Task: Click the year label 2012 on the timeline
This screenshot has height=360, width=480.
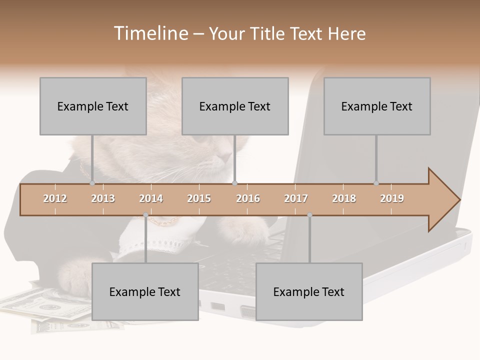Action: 55,198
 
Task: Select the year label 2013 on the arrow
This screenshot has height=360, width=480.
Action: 103,198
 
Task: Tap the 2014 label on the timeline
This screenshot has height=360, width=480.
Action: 151,198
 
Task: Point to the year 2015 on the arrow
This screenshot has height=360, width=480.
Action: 199,198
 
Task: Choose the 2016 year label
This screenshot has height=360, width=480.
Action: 248,198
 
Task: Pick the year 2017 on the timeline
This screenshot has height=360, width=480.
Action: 296,198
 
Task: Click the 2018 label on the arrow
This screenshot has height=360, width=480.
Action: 344,198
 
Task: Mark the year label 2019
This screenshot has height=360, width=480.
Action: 392,198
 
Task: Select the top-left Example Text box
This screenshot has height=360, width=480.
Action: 93,106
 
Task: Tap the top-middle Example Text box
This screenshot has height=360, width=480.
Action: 235,106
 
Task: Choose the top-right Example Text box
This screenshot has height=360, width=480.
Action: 377,106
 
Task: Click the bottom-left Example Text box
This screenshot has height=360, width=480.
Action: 145,291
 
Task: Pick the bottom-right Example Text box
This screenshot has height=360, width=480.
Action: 309,291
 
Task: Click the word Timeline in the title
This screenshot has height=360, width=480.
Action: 150,33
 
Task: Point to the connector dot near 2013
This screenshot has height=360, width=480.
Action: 92,183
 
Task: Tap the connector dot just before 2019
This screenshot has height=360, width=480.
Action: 376,183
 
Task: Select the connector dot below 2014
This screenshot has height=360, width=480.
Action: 145,215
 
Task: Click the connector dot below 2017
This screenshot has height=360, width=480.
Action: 309,215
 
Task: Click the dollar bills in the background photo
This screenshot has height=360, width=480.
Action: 45,305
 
